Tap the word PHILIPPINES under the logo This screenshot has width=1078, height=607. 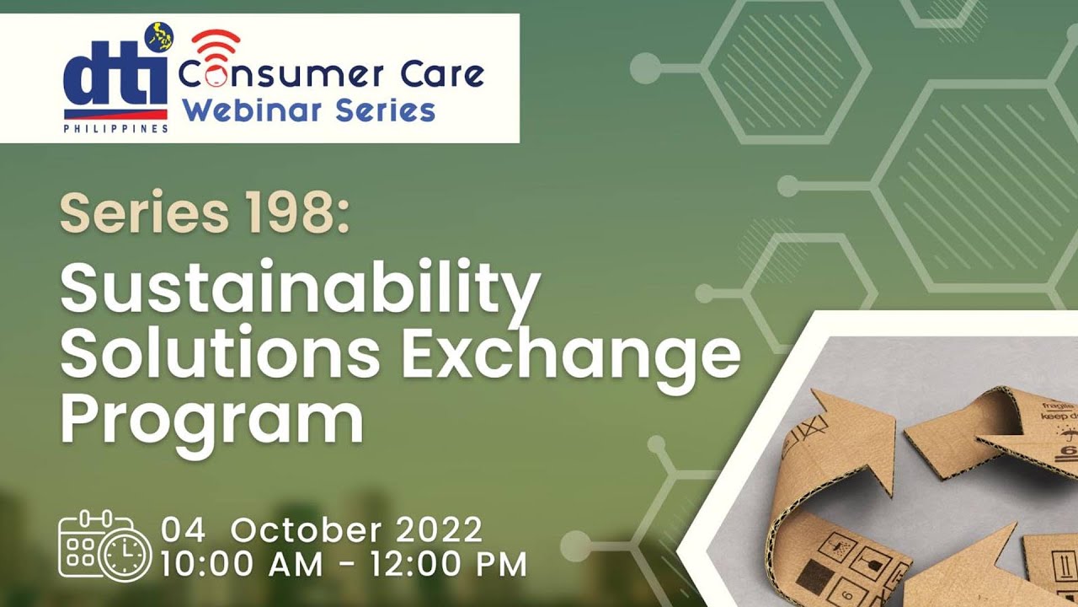[115, 128]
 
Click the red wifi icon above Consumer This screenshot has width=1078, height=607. [216, 46]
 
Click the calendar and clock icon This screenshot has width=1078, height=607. [104, 545]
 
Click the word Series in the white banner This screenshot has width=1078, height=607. [393, 110]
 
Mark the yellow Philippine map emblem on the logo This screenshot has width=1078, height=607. [157, 36]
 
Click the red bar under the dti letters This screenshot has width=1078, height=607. [115, 114]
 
